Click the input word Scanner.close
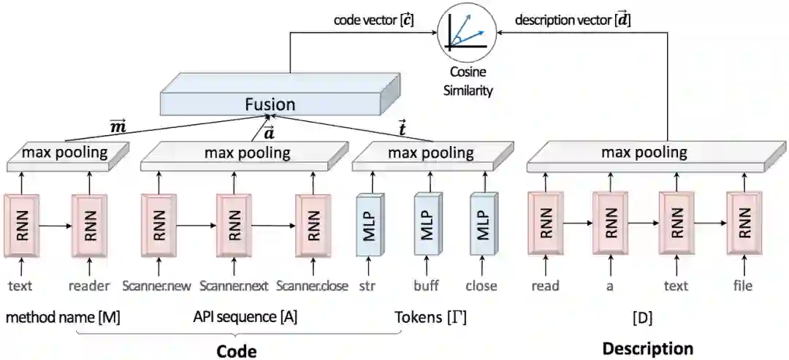pos(313,286)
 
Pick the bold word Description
pos(647,348)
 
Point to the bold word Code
pos(237,351)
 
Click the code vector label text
pos(373,20)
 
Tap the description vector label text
pos(573,20)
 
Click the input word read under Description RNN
pos(545,286)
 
